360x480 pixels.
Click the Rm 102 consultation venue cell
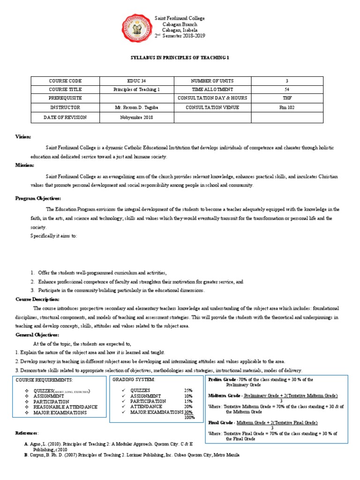click(x=286, y=108)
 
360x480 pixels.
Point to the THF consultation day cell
click(x=286, y=98)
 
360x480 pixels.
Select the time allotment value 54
click(x=286, y=90)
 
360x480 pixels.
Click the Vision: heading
click(x=23, y=136)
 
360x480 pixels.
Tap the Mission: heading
click(x=24, y=165)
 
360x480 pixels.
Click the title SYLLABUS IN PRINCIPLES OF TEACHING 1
click(x=180, y=57)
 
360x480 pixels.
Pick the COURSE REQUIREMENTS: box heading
click(x=45, y=379)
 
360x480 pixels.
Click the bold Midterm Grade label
click(x=224, y=396)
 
